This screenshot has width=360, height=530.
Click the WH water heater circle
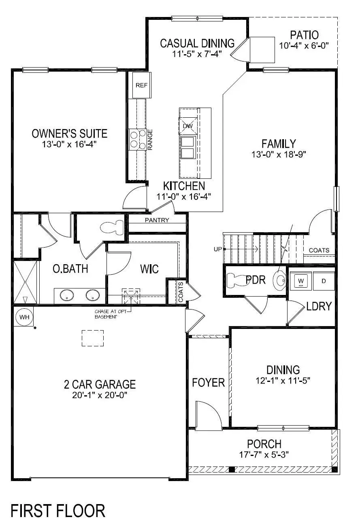click(25, 317)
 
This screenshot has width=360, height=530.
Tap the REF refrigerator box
click(141, 85)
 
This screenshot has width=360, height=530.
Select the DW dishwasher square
click(187, 126)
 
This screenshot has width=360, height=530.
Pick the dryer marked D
click(324, 280)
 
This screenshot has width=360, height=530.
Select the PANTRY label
click(157, 220)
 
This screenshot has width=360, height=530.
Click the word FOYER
click(208, 382)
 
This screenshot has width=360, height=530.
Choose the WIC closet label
click(149, 269)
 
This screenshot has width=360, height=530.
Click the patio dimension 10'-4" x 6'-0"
click(304, 45)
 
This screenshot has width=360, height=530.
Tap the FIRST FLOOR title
click(58, 511)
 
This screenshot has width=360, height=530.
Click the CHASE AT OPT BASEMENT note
click(106, 314)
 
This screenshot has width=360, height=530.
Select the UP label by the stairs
click(217, 249)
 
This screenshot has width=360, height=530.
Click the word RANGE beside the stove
click(150, 140)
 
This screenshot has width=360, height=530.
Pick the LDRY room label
click(319, 306)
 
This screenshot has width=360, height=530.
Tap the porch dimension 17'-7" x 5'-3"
click(264, 454)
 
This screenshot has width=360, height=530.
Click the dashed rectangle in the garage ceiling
click(93, 338)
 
